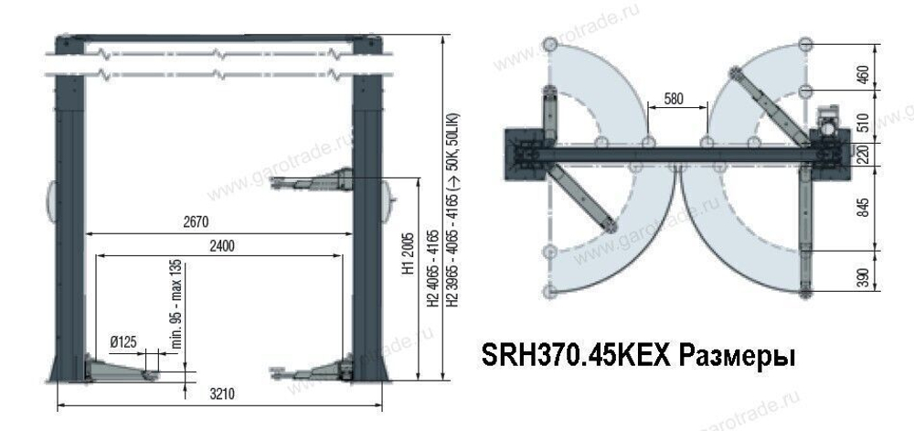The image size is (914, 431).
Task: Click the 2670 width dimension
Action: tap(197, 221)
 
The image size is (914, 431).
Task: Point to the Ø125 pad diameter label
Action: tap(123, 341)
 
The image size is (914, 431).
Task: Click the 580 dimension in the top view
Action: tap(676, 96)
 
